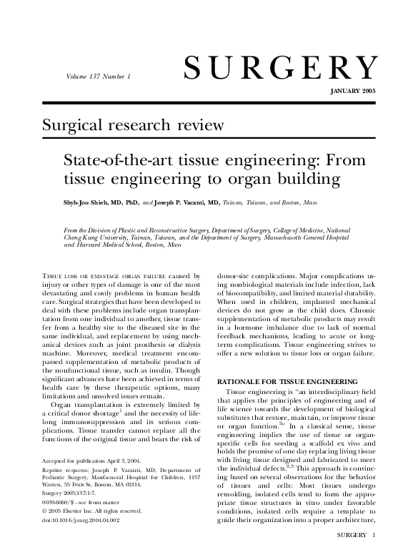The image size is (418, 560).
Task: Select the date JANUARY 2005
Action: point(352,93)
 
